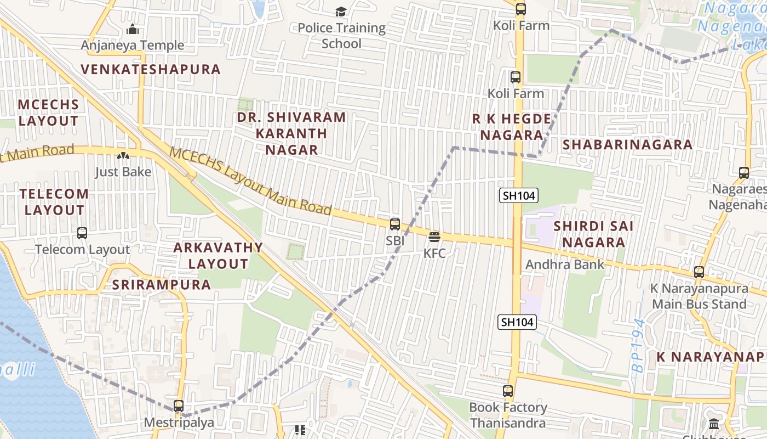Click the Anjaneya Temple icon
133,29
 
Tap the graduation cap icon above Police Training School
341,12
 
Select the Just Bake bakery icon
123,156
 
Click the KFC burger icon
434,237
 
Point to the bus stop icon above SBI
395,224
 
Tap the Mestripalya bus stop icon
179,406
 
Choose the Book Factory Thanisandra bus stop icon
508,391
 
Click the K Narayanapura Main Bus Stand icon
699,272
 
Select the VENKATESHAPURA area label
151,69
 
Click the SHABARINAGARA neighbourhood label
628,145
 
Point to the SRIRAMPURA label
162,284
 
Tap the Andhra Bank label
565,264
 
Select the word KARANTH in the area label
291,133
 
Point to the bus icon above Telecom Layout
82,233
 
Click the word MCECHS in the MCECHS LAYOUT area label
48,104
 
